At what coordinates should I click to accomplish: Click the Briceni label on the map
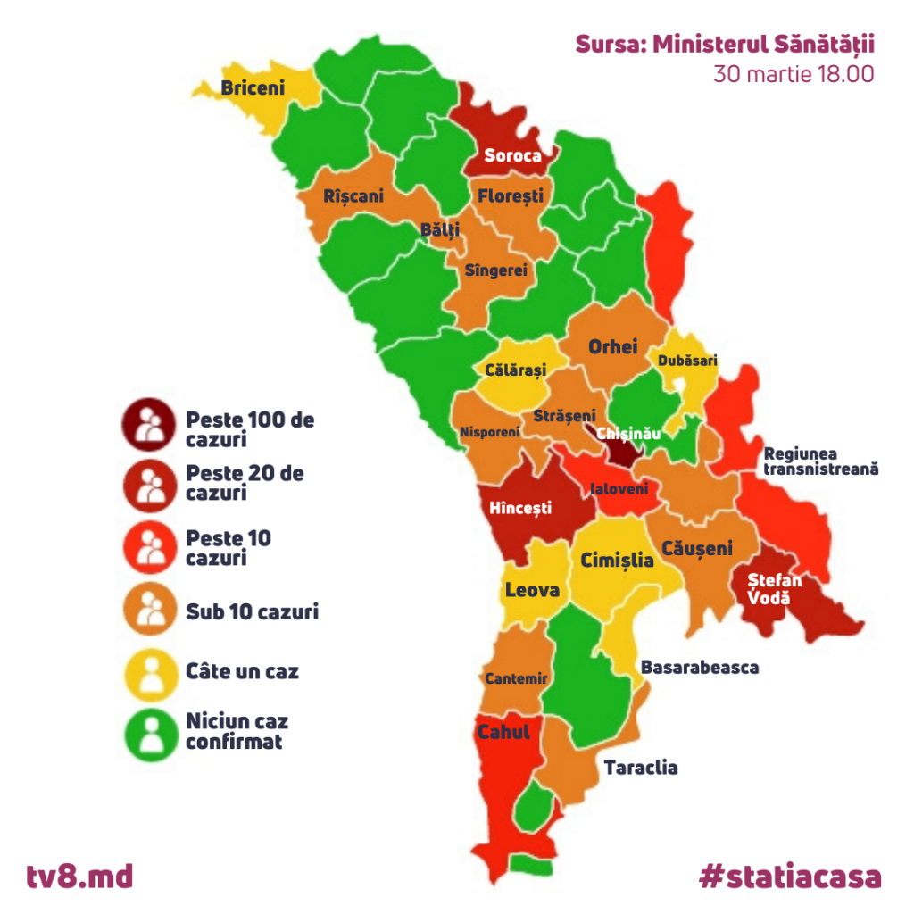(253, 87)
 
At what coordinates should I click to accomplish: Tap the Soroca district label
(512, 155)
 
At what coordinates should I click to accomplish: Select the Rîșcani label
(353, 195)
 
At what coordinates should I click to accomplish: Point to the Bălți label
(440, 229)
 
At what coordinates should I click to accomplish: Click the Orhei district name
(612, 346)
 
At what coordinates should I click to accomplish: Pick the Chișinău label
(629, 433)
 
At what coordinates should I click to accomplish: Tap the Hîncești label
(520, 509)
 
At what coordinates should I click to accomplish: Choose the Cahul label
(503, 732)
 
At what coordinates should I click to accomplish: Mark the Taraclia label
(641, 768)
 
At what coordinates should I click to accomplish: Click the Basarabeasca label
(700, 667)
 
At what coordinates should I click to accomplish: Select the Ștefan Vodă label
(774, 589)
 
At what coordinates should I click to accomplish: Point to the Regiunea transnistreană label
(821, 461)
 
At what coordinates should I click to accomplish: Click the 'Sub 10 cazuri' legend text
(252, 611)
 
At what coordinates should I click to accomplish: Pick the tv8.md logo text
(79, 876)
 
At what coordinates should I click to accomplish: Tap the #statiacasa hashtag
(790, 876)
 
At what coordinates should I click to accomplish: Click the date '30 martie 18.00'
(793, 74)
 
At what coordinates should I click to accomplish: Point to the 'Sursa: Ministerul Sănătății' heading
(725, 44)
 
